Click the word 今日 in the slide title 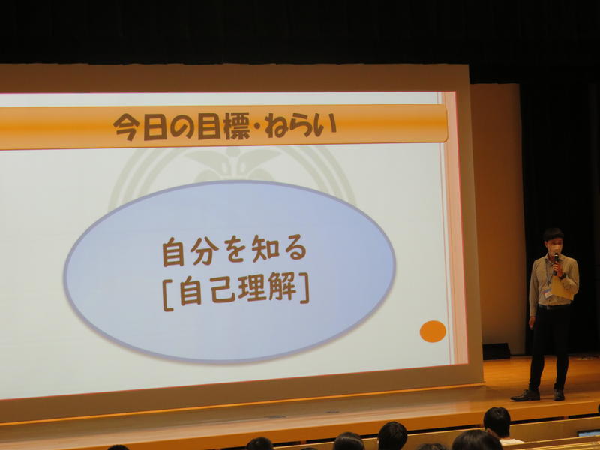(x=140, y=127)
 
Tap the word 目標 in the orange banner (x=223, y=125)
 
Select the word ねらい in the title (x=301, y=125)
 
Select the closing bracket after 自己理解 (x=304, y=288)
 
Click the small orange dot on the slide (x=433, y=331)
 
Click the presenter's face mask (x=556, y=249)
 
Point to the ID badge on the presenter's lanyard (x=547, y=292)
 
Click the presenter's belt (x=553, y=307)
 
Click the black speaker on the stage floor (x=496, y=351)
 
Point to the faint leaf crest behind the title (x=232, y=163)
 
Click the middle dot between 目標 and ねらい (x=256, y=127)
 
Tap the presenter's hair (x=553, y=234)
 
